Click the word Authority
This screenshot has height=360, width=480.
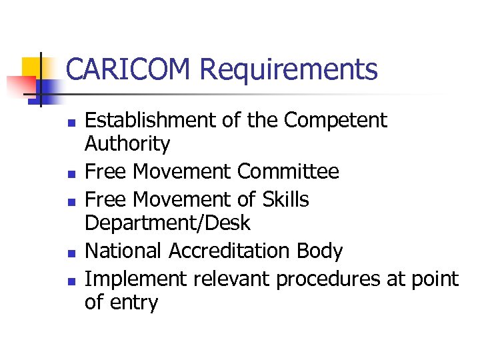(127, 143)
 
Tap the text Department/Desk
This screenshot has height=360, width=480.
(167, 223)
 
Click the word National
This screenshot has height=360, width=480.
(125, 251)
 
